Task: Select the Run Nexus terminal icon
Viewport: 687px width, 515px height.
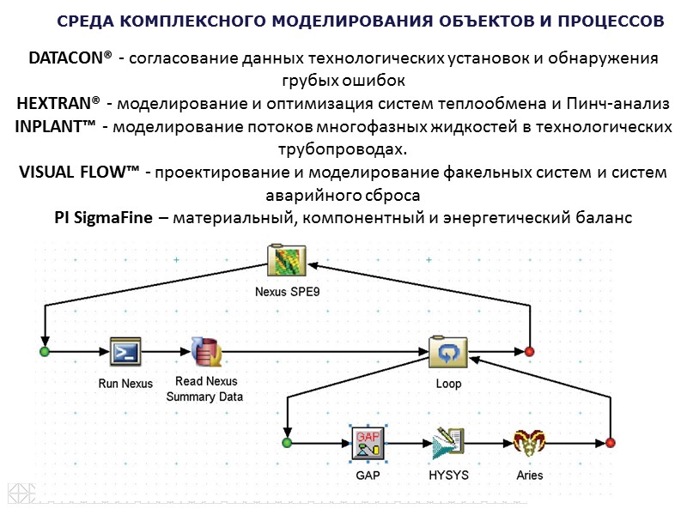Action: tap(125, 351)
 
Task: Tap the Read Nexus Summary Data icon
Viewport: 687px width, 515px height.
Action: tap(207, 351)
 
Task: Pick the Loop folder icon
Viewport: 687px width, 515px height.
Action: tap(447, 351)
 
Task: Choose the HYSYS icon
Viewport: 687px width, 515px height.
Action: tap(447, 443)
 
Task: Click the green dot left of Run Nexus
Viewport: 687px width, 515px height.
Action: tap(45, 352)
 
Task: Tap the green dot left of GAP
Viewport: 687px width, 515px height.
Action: tap(287, 443)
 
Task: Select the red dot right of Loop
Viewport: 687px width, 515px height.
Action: tap(530, 352)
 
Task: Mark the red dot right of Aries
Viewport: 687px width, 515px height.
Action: tap(610, 443)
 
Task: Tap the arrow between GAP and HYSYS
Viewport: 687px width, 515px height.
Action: tap(408, 443)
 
